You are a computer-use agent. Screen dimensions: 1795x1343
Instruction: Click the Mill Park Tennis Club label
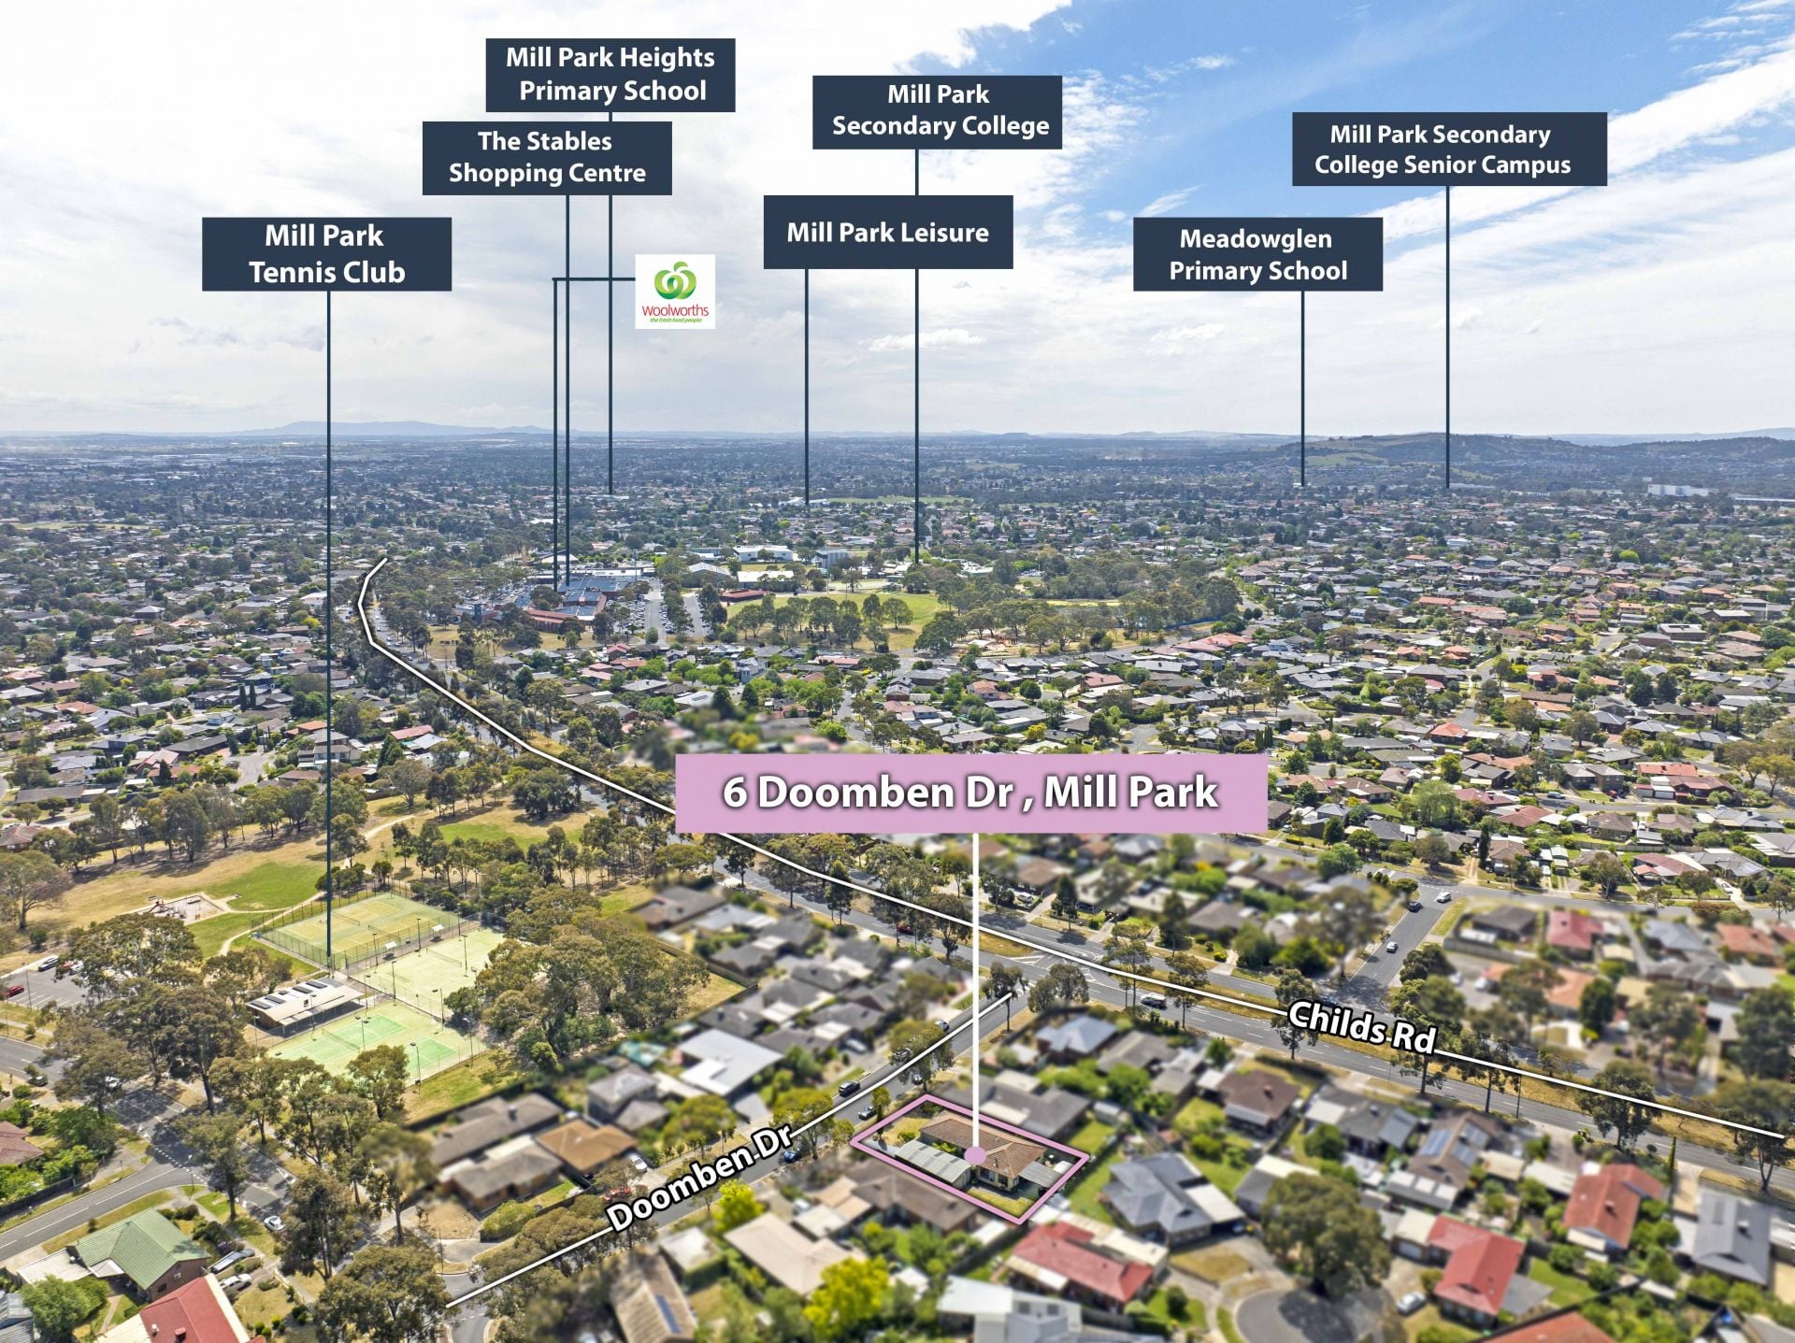(326, 254)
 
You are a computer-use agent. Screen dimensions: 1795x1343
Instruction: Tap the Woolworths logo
(675, 292)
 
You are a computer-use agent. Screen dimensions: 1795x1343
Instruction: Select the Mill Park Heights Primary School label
(610, 75)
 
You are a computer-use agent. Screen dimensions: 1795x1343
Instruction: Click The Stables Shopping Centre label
(547, 158)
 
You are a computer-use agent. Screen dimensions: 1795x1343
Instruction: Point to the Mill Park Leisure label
(888, 232)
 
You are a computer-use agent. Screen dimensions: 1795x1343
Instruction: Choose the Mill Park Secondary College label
(937, 111)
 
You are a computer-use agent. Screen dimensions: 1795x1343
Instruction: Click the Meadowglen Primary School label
(1257, 254)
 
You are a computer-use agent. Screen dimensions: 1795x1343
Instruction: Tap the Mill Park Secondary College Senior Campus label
(1449, 150)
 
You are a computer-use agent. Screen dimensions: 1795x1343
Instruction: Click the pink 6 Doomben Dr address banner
(970, 793)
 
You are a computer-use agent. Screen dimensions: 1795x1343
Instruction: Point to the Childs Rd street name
(1361, 1027)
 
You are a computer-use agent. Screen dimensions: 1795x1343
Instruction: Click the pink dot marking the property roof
(975, 1155)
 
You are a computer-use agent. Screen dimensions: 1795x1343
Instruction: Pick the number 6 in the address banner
(734, 793)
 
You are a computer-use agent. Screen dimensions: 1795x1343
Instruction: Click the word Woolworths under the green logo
(675, 311)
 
